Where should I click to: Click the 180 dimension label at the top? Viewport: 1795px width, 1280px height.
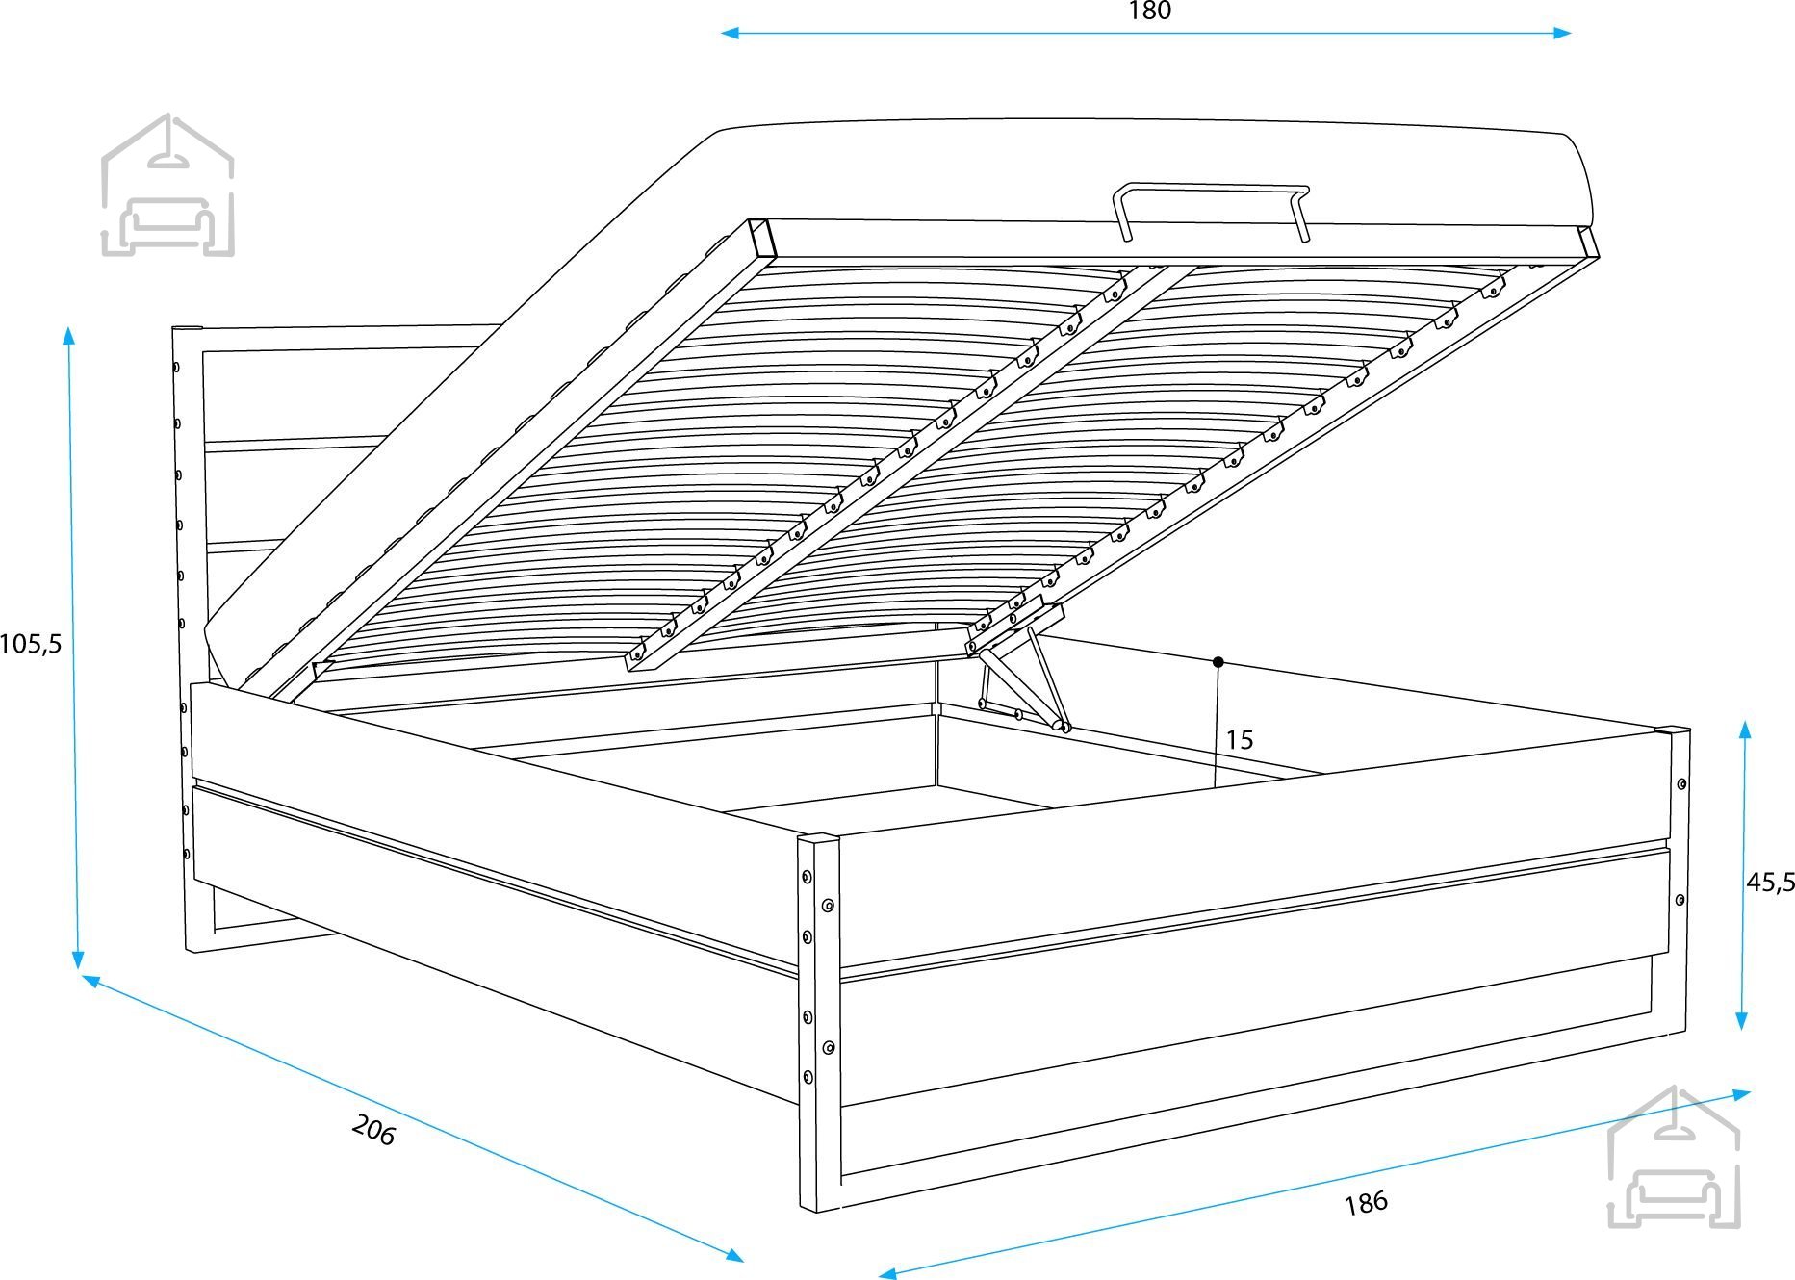click(x=1149, y=12)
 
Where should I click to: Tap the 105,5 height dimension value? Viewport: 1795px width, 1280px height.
click(x=31, y=643)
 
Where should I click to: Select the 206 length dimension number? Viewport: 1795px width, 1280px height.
click(x=373, y=1130)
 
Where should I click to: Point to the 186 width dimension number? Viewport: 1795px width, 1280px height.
click(x=1366, y=1202)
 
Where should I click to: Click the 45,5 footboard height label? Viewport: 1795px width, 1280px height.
click(x=1770, y=881)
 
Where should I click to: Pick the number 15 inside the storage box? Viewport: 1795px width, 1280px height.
click(x=1240, y=740)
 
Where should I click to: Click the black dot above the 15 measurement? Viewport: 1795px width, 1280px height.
click(x=1218, y=662)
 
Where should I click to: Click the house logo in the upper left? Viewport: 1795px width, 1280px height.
click(x=167, y=186)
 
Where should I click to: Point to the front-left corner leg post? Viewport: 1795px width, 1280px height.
click(x=818, y=1020)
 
